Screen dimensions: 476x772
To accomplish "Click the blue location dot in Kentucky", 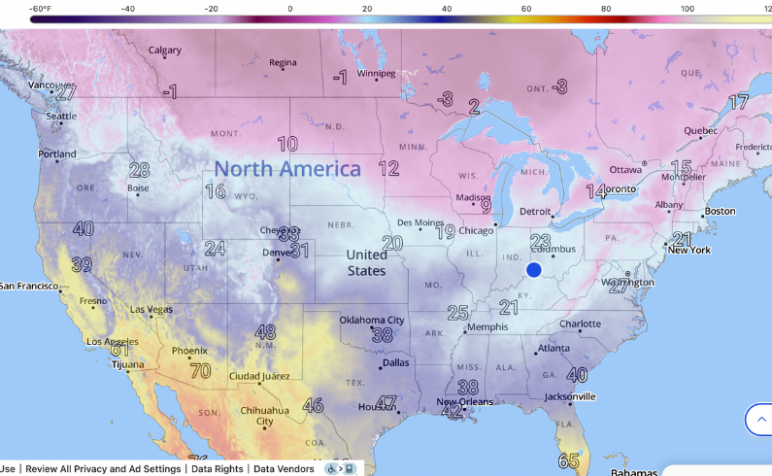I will coord(533,270).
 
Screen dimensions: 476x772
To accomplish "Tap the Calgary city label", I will coord(164,51).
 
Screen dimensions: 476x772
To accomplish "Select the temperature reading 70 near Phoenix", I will coord(200,370).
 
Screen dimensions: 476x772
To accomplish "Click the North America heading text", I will coord(287,169).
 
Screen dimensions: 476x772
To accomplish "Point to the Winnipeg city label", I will coord(376,73).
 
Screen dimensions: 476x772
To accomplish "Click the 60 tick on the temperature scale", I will coord(525,9).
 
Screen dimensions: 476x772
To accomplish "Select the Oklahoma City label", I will coord(371,321).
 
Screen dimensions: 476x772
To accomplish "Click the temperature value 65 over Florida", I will coord(569,460).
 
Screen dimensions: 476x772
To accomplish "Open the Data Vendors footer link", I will coord(284,469).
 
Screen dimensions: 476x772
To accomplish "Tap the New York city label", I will coord(688,250).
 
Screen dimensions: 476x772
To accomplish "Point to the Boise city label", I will coord(138,187).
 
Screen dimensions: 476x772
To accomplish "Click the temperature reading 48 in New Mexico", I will coord(265,332).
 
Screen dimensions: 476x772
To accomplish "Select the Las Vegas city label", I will coord(151,310).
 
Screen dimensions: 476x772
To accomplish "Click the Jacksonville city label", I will coord(569,396).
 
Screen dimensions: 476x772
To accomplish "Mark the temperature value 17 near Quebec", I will coord(739,102).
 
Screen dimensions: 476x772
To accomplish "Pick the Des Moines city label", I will coord(420,222).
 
